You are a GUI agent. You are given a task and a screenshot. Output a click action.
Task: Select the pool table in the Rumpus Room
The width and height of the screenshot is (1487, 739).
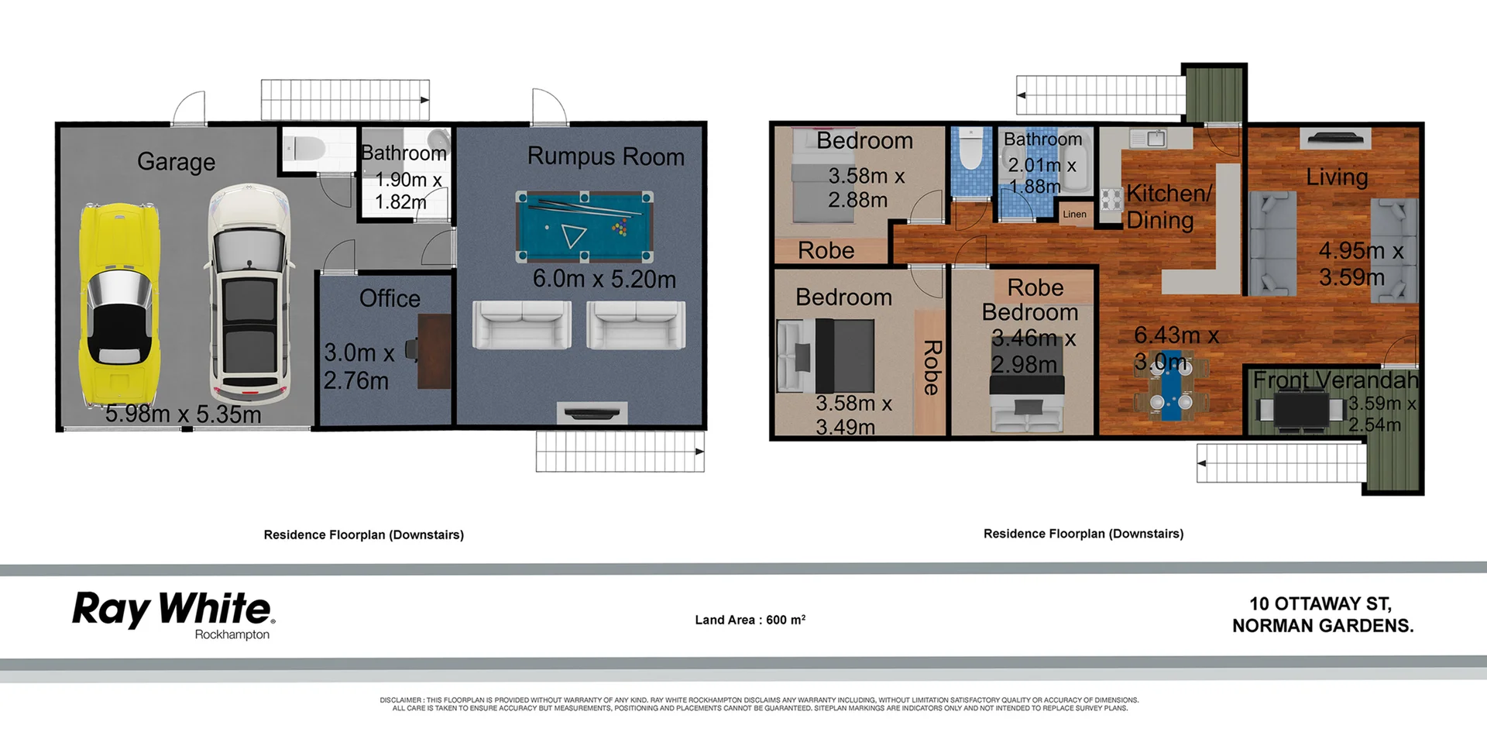click(x=585, y=226)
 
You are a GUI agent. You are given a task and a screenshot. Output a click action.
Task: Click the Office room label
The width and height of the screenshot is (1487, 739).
click(x=390, y=298)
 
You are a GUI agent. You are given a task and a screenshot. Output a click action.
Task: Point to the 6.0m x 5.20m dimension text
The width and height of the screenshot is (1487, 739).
click(x=604, y=279)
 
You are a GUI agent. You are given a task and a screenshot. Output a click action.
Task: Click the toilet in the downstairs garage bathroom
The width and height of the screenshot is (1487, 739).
click(x=305, y=147)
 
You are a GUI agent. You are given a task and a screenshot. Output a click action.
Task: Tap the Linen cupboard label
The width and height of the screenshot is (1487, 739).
click(x=1074, y=215)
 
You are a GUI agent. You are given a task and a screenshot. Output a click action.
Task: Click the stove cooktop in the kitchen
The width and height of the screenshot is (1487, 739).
click(x=1111, y=199)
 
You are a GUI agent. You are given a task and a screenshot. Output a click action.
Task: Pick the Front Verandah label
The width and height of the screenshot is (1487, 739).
click(x=1335, y=380)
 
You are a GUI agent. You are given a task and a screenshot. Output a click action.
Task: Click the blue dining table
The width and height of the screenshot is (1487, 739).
click(x=1171, y=392)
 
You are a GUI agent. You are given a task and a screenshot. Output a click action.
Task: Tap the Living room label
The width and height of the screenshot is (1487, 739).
click(x=1337, y=177)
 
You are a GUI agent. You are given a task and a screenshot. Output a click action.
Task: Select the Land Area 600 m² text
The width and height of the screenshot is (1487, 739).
click(x=750, y=620)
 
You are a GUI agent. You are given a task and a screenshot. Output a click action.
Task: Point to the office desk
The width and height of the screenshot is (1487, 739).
click(x=434, y=350)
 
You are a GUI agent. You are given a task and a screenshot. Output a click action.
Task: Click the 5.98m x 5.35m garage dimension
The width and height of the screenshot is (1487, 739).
click(x=183, y=414)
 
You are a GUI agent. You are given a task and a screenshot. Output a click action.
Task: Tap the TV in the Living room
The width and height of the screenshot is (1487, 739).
click(x=1335, y=139)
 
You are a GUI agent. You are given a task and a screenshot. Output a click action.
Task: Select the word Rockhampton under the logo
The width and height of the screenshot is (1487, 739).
click(x=232, y=634)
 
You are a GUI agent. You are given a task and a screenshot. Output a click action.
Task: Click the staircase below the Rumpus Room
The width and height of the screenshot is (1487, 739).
click(x=620, y=451)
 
